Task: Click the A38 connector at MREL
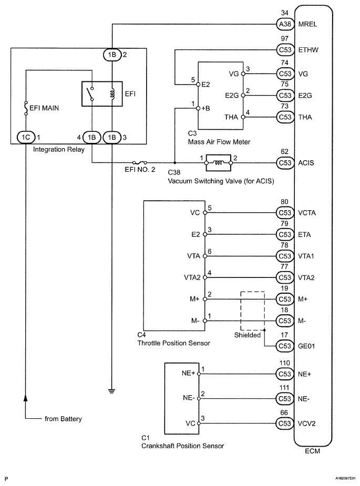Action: click(x=285, y=24)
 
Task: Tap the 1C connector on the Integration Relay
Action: click(x=26, y=137)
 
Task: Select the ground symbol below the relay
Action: click(x=111, y=390)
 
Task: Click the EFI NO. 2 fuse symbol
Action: click(x=140, y=162)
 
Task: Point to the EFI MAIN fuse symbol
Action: click(x=26, y=108)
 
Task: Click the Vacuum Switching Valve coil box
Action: click(x=218, y=163)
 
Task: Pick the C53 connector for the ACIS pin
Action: click(x=285, y=163)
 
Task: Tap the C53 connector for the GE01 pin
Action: click(x=285, y=346)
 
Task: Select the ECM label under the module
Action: click(x=312, y=451)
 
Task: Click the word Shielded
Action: click(x=248, y=335)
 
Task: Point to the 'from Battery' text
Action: click(x=63, y=419)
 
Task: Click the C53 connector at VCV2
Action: click(x=285, y=423)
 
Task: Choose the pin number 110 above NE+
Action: click(x=285, y=363)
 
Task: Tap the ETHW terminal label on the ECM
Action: click(x=308, y=50)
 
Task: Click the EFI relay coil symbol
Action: click(x=112, y=94)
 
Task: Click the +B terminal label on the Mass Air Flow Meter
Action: click(x=205, y=108)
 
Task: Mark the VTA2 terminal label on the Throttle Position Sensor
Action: click(x=192, y=278)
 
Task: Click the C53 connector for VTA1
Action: click(x=285, y=256)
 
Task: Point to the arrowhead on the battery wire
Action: click(x=26, y=398)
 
